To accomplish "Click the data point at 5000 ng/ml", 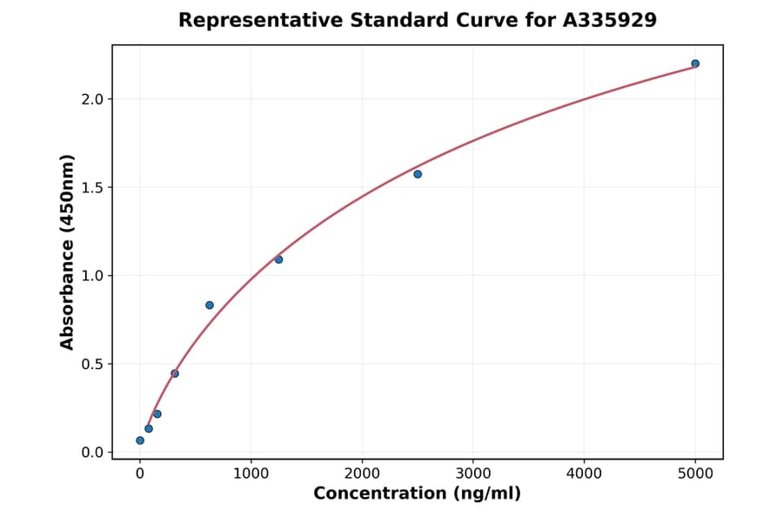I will [x=695, y=64].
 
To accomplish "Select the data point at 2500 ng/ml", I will [x=418, y=174].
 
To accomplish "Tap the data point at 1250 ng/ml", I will [x=278, y=259].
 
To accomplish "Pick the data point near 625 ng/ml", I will [x=210, y=305].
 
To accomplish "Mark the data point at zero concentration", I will [x=140, y=440].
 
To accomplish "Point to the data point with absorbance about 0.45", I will [x=175, y=373].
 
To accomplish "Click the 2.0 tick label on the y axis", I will [x=92, y=99].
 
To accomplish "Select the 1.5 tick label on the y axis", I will [x=92, y=188].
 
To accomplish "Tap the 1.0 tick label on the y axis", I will [x=92, y=276].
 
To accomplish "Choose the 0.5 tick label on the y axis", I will [x=92, y=365].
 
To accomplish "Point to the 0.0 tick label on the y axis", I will [x=92, y=453].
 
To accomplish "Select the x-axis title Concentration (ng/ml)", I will [x=417, y=494].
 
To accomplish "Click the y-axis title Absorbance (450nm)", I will [x=68, y=252].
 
